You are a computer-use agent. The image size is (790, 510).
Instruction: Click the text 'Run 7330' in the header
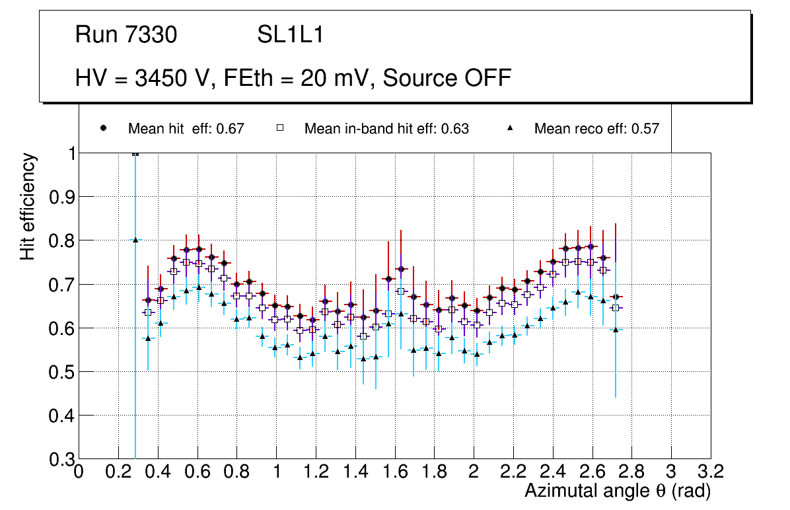pos(126,35)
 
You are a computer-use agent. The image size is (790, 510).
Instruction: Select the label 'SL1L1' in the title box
pos(290,35)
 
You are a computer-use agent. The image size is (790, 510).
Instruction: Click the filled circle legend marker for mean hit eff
pos(102,128)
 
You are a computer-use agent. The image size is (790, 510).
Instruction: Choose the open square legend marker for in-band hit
pos(279,128)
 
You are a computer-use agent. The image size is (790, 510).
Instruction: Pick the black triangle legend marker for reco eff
pos(511,128)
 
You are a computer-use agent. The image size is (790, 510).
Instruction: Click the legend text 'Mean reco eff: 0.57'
pos(596,129)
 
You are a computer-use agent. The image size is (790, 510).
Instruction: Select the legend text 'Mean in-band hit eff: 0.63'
pos(386,129)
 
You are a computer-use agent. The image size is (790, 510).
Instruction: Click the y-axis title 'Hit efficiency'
pos(28,206)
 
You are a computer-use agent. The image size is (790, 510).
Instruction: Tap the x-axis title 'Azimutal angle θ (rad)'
pos(618,491)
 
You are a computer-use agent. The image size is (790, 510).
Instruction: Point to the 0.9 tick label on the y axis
pos(61,197)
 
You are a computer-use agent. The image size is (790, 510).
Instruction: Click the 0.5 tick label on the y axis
pos(61,372)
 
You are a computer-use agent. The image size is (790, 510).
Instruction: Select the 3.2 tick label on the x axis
pos(711,471)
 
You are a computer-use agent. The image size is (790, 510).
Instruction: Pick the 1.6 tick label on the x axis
pos(394,471)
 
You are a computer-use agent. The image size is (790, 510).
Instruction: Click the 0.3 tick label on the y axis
pos(61,459)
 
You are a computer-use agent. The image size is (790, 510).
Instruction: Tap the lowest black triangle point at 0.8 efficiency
pos(135,240)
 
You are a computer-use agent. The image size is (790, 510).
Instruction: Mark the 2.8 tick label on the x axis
pos(631,471)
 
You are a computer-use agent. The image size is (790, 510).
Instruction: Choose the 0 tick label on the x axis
pos(79,471)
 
